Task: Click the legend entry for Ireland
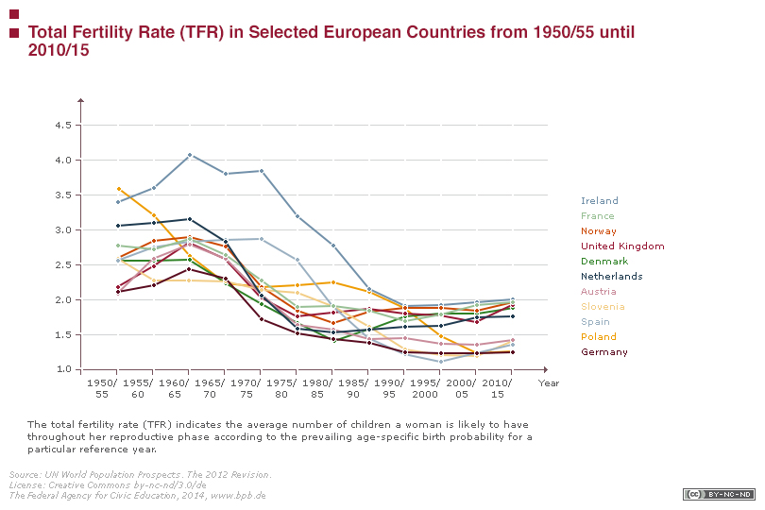[600, 201]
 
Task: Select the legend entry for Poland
[599, 337]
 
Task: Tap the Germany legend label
[604, 352]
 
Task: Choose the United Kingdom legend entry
[622, 246]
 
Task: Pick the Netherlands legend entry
[612, 277]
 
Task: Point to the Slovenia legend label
[603, 307]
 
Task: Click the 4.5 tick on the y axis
[64, 125]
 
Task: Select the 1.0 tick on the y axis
[64, 369]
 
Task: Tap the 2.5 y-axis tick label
[64, 264]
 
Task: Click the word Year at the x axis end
[549, 382]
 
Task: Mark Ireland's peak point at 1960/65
[190, 154]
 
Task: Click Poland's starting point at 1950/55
[118, 188]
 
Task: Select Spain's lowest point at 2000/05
[440, 362]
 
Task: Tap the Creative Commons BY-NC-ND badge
[719, 494]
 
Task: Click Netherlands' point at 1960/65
[190, 219]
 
